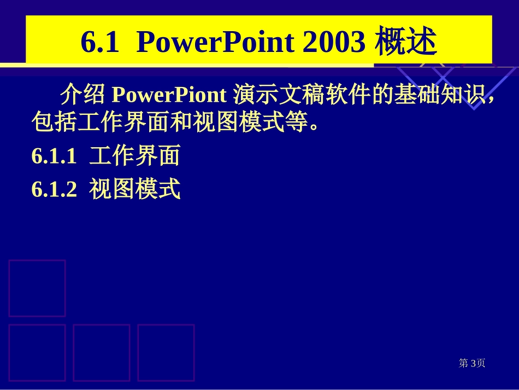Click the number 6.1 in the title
[x=99, y=42]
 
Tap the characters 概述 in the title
[x=406, y=42]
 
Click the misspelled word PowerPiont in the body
[x=169, y=95]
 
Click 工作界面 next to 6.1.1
[x=135, y=157]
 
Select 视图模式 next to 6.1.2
[x=135, y=190]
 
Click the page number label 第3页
[x=472, y=363]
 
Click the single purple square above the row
[x=37, y=288]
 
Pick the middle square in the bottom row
[x=102, y=352]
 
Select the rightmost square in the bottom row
[x=166, y=352]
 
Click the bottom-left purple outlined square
[x=37, y=352]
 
